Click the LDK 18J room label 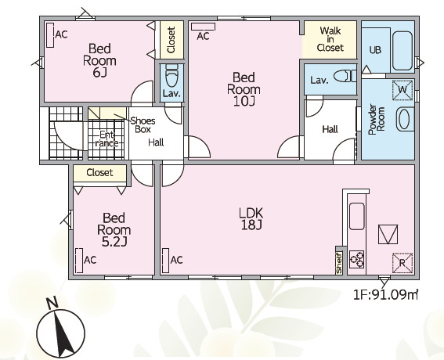pos(251,218)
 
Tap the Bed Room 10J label pos(244,89)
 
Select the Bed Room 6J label pos(99,60)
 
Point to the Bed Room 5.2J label pos(114,229)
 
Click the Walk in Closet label pos(330,39)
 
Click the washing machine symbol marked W pos(402,90)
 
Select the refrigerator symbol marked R pos(402,263)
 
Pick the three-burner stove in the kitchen pos(357,260)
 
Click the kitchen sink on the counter pos(357,216)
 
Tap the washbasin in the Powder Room pos(405,119)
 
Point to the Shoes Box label pos(143,125)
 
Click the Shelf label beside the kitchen pos(339,263)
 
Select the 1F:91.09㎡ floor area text pos(385,295)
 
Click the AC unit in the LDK pos(166,261)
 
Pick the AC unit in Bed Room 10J pos(203,27)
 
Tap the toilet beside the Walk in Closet pos(345,76)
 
